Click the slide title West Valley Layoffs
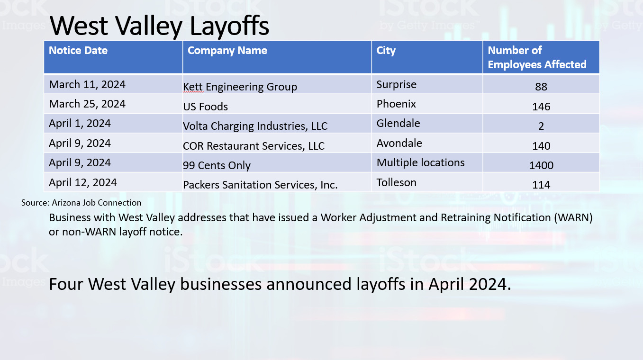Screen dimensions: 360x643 point(159,26)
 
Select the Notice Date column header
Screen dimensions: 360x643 point(78,51)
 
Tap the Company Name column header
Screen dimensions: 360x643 point(227,51)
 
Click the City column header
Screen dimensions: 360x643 point(386,51)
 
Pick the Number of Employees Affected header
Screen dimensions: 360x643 point(537,57)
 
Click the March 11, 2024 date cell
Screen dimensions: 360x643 point(87,85)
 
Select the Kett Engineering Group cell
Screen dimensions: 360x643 point(240,87)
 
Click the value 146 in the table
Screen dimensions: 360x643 point(541,107)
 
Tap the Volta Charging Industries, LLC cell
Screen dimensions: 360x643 point(255,126)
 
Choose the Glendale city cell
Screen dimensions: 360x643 point(398,124)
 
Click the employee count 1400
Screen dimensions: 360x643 point(541,165)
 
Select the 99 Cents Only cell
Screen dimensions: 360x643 point(217,166)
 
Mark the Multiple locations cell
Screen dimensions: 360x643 point(420,163)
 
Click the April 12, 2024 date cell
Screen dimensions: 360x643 point(83,183)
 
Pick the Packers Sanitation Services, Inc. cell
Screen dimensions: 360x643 point(260,185)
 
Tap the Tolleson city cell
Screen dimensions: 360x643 point(396,183)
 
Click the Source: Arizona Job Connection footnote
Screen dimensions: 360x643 point(81,203)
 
